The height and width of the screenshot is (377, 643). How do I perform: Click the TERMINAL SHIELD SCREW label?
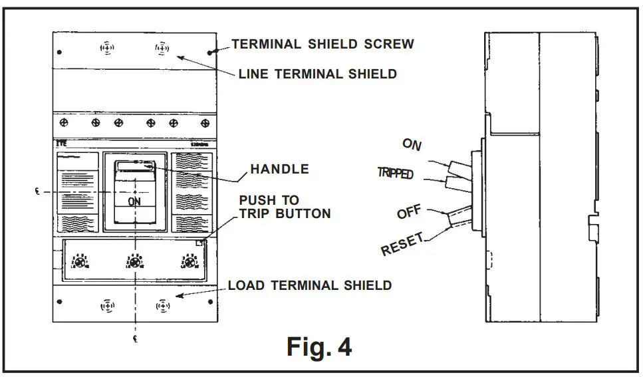(x=322, y=45)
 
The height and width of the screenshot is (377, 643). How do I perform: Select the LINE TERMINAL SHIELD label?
(x=318, y=74)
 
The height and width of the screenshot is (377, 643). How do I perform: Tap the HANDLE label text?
(x=279, y=169)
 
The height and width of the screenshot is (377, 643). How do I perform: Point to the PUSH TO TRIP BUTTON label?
(x=285, y=207)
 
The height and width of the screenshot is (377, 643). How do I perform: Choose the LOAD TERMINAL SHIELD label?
(x=310, y=285)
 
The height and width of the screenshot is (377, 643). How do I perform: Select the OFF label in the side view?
(x=410, y=213)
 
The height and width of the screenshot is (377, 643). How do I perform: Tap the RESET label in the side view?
(x=402, y=245)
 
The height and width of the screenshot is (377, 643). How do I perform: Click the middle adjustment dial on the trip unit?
(x=135, y=263)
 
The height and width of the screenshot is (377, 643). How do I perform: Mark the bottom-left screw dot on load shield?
(x=60, y=301)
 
